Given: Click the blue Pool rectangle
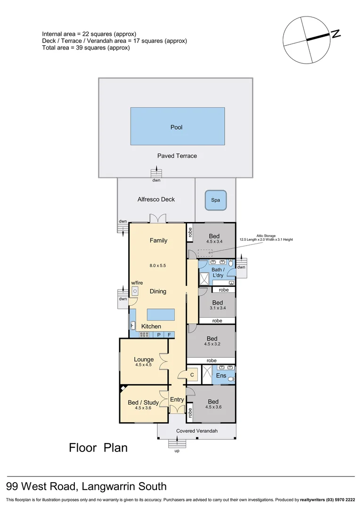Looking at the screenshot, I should coord(177,126).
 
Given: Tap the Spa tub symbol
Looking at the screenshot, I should coord(215,200).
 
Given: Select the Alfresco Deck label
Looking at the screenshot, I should coord(156,199).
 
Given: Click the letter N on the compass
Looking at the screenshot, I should coord(335,34).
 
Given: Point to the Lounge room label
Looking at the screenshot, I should coord(144,360).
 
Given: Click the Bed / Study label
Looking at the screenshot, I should coord(143,402).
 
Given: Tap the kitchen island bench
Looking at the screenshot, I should coord(161,314).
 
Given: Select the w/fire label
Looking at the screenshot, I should coord(137,283).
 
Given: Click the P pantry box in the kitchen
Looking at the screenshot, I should coord(159,335).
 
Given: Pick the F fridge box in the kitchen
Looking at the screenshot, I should coord(170,335).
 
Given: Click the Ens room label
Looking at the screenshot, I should coord(221,376).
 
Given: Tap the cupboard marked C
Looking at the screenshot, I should coord(192,375).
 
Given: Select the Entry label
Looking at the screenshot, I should coord(177,400).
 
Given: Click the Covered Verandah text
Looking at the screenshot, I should coord(196,431).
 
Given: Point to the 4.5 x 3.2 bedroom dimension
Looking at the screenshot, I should coord(212,345).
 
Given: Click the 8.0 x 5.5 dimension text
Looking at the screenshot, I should coord(158,265).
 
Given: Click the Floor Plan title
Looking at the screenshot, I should coord(98,447).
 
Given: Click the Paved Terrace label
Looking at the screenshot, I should coord(177,156).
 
